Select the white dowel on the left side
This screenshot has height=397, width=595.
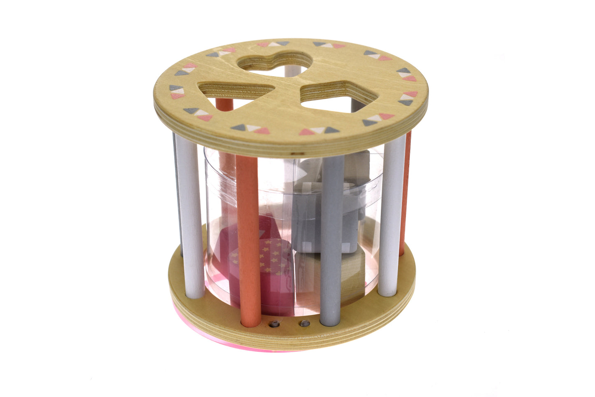click(x=191, y=218)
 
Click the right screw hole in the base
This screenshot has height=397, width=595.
click(x=305, y=323)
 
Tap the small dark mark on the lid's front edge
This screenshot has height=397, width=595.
click(x=293, y=154)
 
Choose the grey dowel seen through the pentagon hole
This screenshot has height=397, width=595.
click(x=355, y=105)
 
